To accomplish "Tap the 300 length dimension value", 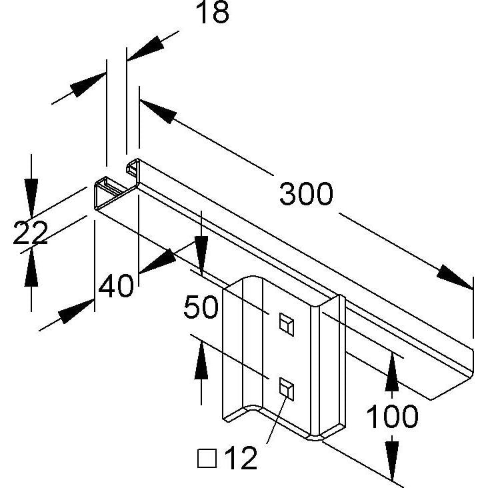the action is (306, 194).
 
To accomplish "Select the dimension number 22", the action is (30, 233).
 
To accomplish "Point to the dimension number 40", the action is (116, 286).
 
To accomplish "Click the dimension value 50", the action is (201, 307).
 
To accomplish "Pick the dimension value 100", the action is (392, 416).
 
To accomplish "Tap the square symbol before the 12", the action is (207, 459).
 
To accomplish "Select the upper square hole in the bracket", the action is (286, 324).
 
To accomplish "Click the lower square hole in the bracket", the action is (286, 389).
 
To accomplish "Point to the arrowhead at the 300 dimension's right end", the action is (455, 277).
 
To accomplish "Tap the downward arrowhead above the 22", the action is (31, 198).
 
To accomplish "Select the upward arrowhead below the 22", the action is (31, 267).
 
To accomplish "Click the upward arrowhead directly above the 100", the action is (392, 371).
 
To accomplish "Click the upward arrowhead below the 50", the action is (201, 360).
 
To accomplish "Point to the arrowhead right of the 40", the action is (158, 261).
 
